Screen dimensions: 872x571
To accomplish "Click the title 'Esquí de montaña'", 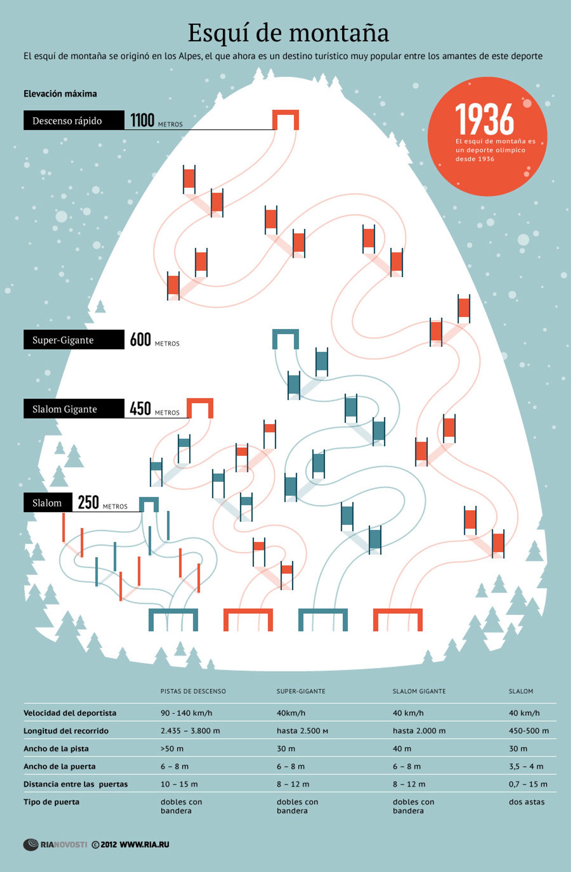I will click(288, 33).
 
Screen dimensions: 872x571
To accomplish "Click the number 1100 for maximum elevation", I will click(142, 120).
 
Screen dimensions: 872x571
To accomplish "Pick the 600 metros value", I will click(140, 339).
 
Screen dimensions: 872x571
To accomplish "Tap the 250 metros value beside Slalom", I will click(88, 502).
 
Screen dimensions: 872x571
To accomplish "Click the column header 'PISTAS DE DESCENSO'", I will click(193, 691).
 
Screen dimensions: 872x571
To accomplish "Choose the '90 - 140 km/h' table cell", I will click(186, 713).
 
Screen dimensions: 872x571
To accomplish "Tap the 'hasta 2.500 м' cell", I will click(302, 731).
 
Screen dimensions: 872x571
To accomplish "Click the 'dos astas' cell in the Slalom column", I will click(527, 802).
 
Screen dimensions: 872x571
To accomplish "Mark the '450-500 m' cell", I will click(528, 731).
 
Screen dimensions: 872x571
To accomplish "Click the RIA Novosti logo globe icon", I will click(31, 845).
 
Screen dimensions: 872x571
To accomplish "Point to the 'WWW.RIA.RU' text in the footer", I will click(145, 845).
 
